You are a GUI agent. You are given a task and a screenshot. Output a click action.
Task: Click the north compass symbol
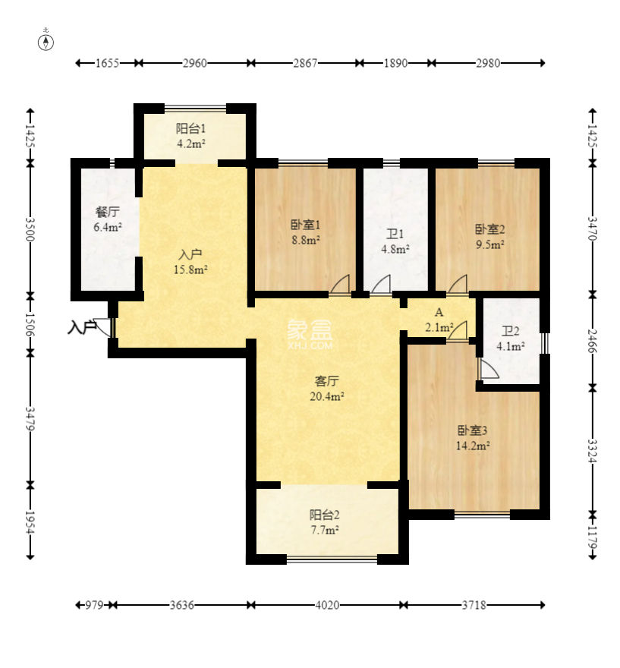click(x=46, y=43)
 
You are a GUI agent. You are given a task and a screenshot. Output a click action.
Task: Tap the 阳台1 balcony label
click(x=190, y=128)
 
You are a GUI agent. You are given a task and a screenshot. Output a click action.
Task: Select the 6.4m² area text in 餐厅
click(x=108, y=227)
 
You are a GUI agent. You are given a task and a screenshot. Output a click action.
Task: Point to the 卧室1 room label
click(x=305, y=225)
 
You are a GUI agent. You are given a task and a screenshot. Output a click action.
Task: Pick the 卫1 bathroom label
click(x=395, y=234)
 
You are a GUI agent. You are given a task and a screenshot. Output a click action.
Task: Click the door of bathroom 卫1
click(x=381, y=285)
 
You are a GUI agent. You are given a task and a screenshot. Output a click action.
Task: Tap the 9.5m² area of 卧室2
click(x=490, y=244)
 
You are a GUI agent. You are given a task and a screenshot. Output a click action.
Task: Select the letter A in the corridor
click(x=439, y=312)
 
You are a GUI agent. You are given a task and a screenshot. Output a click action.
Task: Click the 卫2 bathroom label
click(x=510, y=331)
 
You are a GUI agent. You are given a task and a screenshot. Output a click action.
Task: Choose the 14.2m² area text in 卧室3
click(x=473, y=446)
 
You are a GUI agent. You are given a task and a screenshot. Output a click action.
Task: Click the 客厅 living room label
click(x=326, y=380)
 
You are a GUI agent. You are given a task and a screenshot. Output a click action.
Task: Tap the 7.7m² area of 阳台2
click(x=325, y=531)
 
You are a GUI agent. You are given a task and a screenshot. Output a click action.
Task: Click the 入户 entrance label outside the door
click(x=82, y=328)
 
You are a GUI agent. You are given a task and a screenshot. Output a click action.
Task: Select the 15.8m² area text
click(x=190, y=269)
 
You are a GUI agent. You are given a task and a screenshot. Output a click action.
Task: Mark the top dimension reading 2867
click(x=305, y=63)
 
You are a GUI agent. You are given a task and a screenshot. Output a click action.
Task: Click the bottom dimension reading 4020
click(x=327, y=605)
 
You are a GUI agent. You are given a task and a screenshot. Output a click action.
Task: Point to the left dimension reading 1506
click(x=30, y=325)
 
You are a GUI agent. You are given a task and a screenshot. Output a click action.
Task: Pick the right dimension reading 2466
click(x=593, y=341)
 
